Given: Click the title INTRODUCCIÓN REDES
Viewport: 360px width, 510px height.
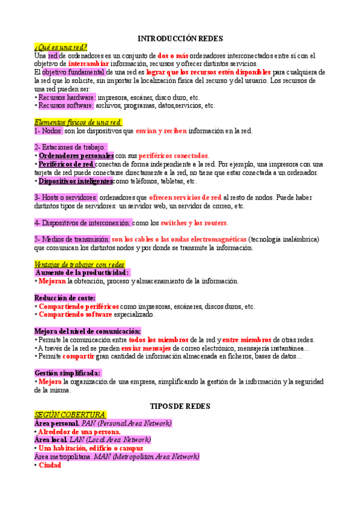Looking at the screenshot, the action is [x=180, y=38].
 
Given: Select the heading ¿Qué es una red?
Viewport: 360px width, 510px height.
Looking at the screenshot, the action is [x=61, y=47].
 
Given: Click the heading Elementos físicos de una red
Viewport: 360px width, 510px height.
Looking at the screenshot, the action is [x=78, y=123].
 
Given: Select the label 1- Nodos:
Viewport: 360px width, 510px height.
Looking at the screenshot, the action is [x=49, y=131].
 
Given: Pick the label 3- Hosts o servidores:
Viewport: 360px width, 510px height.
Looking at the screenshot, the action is [x=66, y=197].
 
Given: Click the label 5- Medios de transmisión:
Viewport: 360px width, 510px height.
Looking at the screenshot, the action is [x=72, y=239].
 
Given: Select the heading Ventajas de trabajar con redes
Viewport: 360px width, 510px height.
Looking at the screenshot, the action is [x=79, y=264].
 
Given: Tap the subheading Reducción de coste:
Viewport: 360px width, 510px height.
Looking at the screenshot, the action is [x=65, y=298].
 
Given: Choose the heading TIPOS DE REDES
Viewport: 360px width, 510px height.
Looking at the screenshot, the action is [x=180, y=407].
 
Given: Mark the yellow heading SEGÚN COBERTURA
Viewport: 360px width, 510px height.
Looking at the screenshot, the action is [x=70, y=415].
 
